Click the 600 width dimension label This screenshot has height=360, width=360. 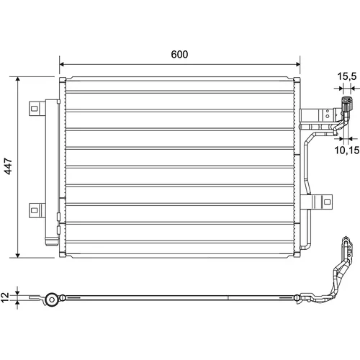pyautogui.click(x=179, y=55)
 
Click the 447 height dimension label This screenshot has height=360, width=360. pyautogui.click(x=8, y=166)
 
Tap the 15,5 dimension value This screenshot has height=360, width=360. pyautogui.click(x=347, y=76)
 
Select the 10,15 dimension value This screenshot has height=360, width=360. pyautogui.click(x=347, y=150)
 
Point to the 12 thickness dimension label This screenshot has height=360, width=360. pyautogui.click(x=5, y=297)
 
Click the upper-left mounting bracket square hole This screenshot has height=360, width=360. pyautogui.click(x=35, y=109)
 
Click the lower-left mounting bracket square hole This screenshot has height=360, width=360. pyautogui.click(x=35, y=210)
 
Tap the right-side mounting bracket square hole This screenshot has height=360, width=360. pyautogui.click(x=327, y=202)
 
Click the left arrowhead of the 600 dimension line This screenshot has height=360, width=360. pyautogui.click(x=62, y=64)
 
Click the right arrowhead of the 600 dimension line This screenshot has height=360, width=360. pyautogui.click(x=298, y=64)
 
